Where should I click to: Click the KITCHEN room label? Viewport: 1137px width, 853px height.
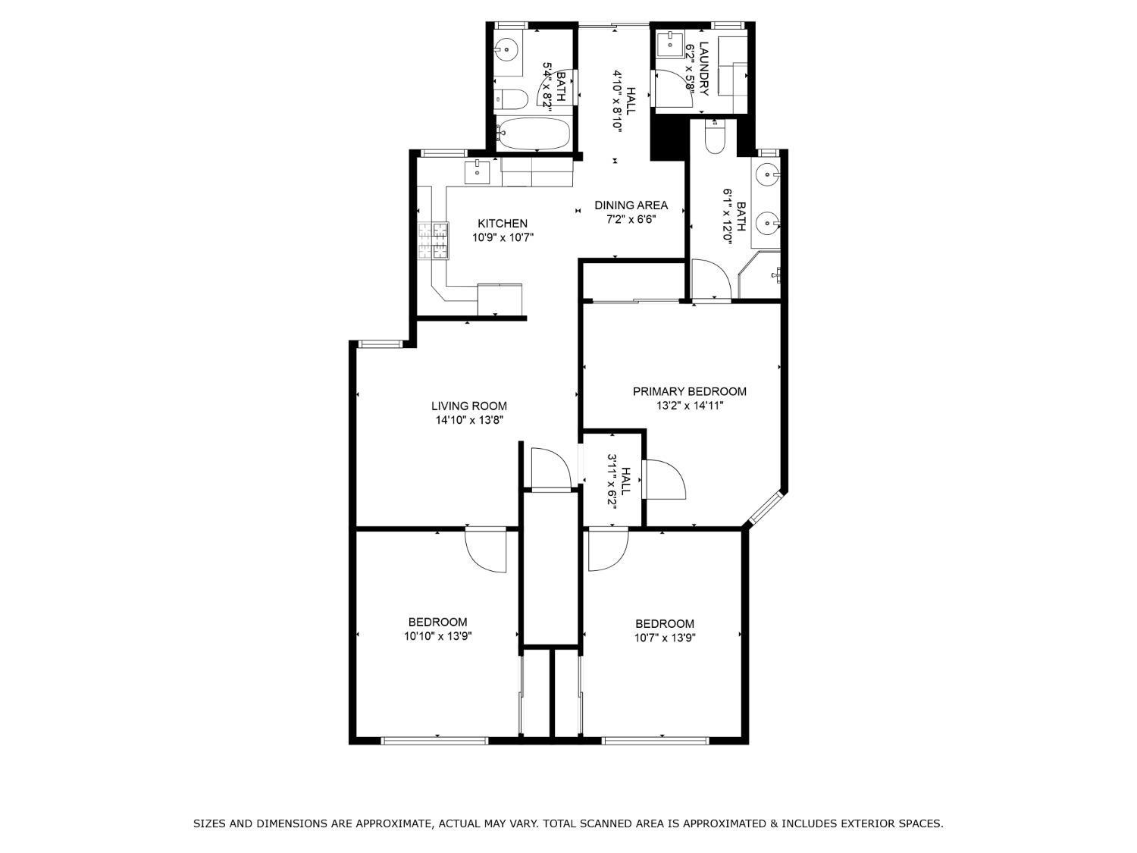[502, 224]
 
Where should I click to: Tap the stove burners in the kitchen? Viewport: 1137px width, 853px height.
[433, 241]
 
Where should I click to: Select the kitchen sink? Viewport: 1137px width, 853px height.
[478, 172]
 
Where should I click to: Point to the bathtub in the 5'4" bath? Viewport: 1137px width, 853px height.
[534, 134]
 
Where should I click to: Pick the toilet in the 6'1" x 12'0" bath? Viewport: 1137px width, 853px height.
[716, 136]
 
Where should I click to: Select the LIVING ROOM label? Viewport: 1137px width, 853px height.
[469, 406]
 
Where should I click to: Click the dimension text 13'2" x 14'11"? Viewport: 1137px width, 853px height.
[690, 406]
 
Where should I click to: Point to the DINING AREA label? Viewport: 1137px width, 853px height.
[631, 205]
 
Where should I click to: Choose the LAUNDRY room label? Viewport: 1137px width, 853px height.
[704, 68]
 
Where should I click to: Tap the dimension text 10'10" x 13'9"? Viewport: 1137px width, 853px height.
[438, 637]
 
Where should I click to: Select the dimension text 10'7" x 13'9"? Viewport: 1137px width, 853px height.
[665, 638]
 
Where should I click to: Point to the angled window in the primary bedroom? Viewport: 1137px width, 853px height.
[764, 507]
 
